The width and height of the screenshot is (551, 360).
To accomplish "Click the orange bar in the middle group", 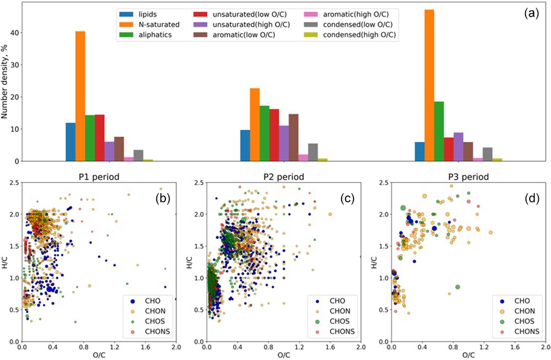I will click(x=254, y=124).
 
